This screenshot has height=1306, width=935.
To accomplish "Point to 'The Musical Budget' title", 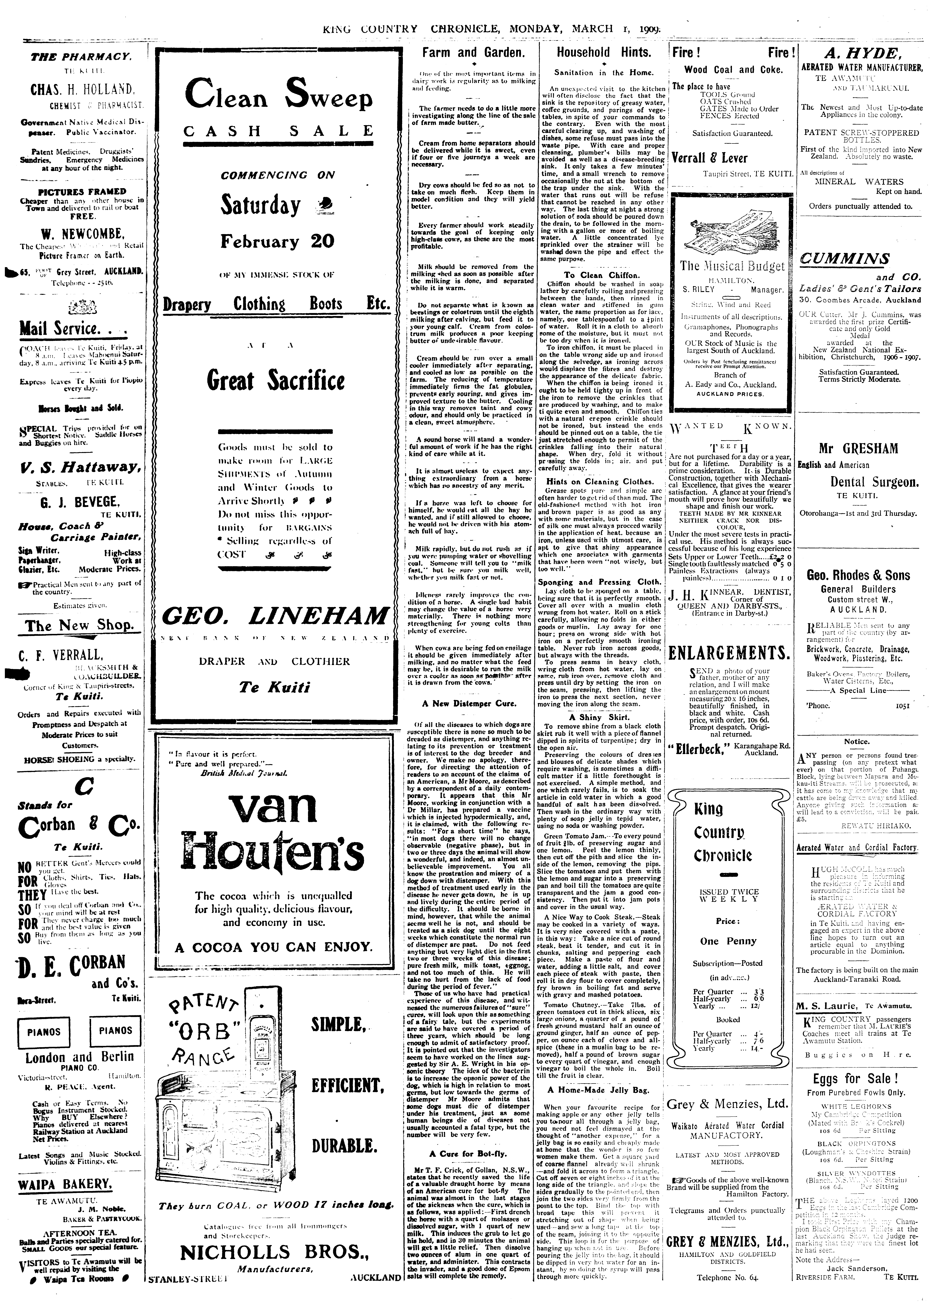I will [x=732, y=266].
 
